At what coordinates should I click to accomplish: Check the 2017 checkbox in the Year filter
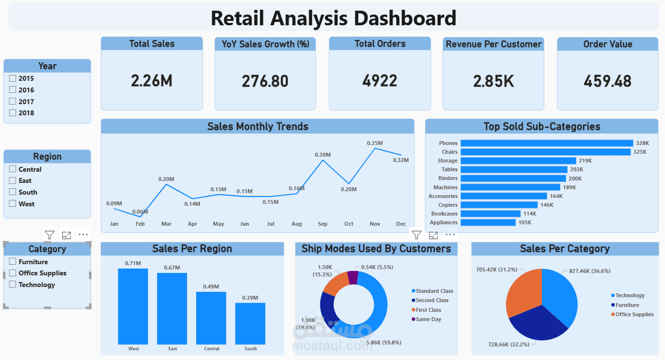coord(13,102)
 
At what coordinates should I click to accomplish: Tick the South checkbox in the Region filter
coord(13,192)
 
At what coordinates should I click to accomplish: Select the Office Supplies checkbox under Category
coord(13,273)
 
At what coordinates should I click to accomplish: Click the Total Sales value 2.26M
coord(151,81)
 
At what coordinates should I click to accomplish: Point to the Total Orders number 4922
coord(380,81)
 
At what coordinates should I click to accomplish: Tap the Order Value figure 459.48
coord(608,81)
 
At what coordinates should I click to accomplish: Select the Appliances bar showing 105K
coord(488,222)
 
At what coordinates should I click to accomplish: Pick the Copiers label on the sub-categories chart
coord(448,205)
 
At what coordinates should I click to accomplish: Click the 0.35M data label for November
coord(375,143)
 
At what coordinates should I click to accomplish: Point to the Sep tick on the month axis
coord(323,224)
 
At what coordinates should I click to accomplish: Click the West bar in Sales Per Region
coord(133,306)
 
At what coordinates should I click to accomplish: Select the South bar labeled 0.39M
coord(250,324)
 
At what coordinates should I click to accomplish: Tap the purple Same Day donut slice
coord(353,278)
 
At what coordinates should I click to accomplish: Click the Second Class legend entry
coord(432,301)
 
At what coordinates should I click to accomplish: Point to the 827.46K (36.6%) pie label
coord(586,271)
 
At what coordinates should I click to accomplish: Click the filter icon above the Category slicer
coord(49,235)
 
